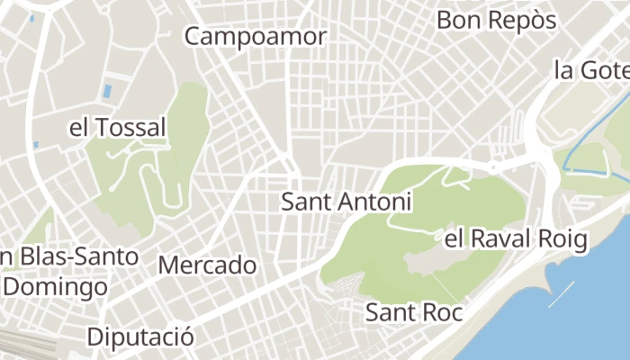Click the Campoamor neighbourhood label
pos(256,37)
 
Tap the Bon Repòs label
pos(497,20)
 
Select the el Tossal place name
pos(118,128)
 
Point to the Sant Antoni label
pos(346,202)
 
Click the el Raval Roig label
pos(516,239)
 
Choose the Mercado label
pos(207,265)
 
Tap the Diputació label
pos(140,337)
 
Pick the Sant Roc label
pos(413,312)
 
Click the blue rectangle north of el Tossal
pos(108,91)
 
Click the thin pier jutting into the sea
pos(561,294)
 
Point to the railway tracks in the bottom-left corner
pos(22,342)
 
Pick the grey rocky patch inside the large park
pos(432,261)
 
